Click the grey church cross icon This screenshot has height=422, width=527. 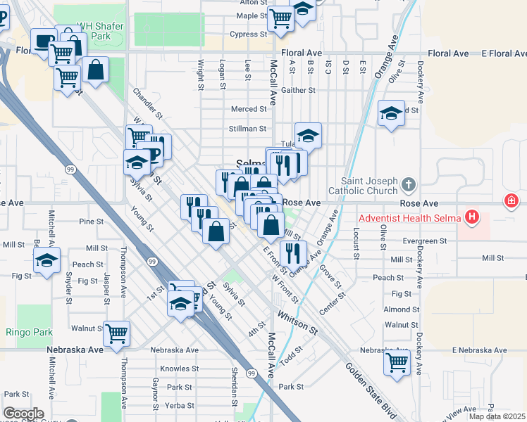[x=407, y=185]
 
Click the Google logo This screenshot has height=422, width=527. [x=23, y=414]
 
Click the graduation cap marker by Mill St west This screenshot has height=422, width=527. [x=46, y=260]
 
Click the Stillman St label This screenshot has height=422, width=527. [x=247, y=129]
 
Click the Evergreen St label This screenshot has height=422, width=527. [x=425, y=241]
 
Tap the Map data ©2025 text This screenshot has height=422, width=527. [x=496, y=416]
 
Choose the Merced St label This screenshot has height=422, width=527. [x=249, y=109]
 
